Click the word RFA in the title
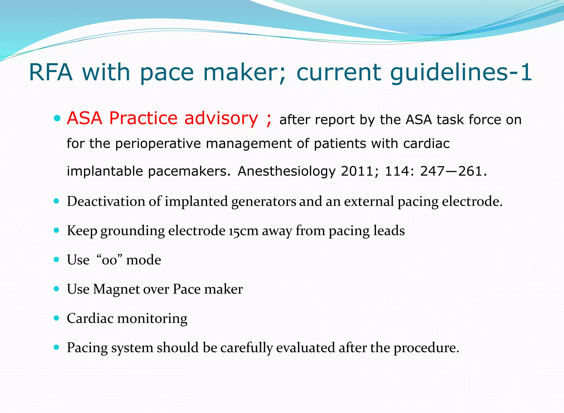51,72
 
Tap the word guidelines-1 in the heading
461,73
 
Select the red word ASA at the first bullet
85,118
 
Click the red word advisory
221,118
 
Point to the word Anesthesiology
287,171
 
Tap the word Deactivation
106,201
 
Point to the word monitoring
152,318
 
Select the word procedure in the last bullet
426,348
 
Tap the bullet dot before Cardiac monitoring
57,318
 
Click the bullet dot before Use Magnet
57,289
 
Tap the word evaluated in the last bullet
305,348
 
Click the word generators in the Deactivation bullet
264,201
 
